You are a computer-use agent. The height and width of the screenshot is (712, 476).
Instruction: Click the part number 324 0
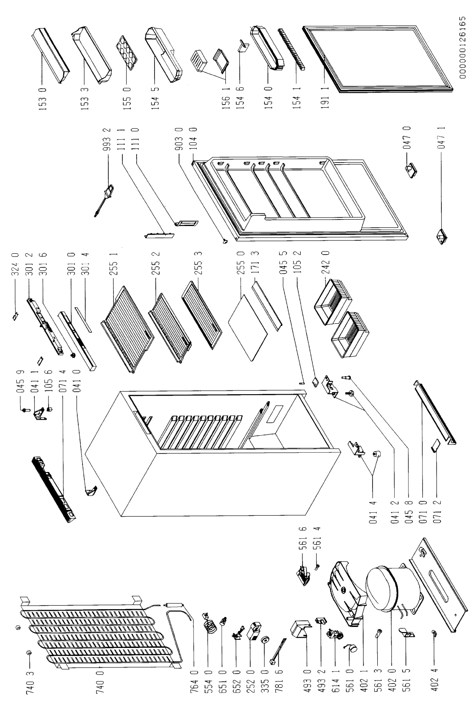point(16,264)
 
